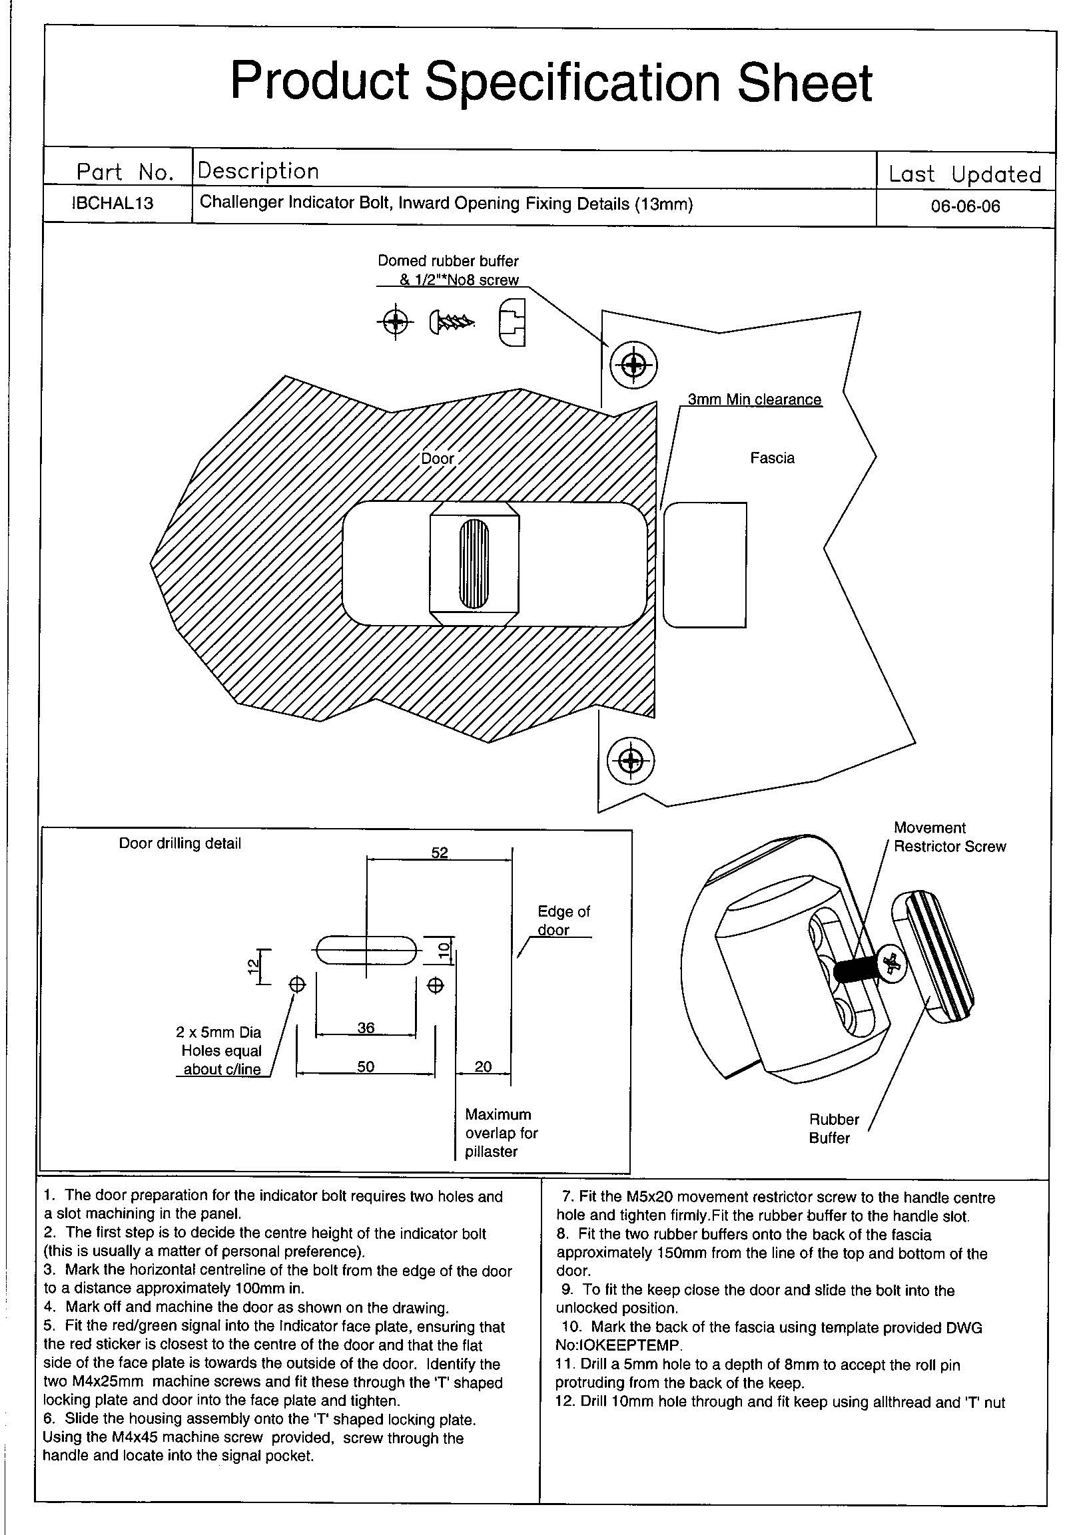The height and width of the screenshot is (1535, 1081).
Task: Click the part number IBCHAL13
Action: (x=113, y=203)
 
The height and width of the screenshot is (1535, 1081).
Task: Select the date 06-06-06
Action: (x=965, y=206)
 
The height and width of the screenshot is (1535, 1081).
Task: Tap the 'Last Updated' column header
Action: (x=964, y=174)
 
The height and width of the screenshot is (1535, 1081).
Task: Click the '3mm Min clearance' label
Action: (x=755, y=399)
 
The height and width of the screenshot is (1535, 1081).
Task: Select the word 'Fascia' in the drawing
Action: (x=772, y=458)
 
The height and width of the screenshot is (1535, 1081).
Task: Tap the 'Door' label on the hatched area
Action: (x=438, y=459)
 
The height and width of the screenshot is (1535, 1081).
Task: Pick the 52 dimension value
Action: (x=440, y=853)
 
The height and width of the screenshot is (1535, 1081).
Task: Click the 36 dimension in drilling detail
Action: (x=366, y=1028)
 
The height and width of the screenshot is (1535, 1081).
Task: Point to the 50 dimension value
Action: (x=366, y=1066)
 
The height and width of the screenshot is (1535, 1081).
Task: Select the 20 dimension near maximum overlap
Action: (x=483, y=1066)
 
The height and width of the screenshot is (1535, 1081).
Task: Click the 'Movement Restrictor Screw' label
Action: (x=949, y=837)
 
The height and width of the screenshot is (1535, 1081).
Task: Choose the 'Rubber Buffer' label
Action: (x=833, y=1128)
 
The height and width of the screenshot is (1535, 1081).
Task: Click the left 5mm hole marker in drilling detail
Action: (x=297, y=984)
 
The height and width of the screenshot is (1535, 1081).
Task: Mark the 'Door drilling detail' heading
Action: (x=180, y=843)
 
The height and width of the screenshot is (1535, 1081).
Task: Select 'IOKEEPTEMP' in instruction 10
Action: (x=617, y=1345)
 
